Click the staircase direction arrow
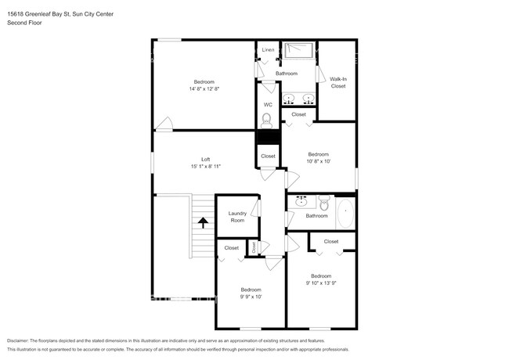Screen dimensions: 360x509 [203, 222]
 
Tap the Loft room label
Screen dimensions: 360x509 [206, 159]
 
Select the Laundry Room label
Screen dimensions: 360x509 [237, 217]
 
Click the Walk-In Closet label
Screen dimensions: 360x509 [338, 82]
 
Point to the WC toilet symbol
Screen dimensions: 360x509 [267, 120]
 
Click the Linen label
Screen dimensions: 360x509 [269, 49]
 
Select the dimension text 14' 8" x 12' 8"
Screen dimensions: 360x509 [204, 89]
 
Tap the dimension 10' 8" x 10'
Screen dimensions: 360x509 [319, 161]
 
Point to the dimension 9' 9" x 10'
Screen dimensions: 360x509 [251, 297]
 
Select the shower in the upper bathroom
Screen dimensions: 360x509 [298, 49]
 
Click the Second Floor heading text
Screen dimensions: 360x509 [25, 23]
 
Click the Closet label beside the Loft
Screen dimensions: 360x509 [268, 156]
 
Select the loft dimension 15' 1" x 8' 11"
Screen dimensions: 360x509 [206, 167]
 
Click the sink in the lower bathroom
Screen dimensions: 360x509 [301, 201]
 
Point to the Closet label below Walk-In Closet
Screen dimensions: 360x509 [298, 114]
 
